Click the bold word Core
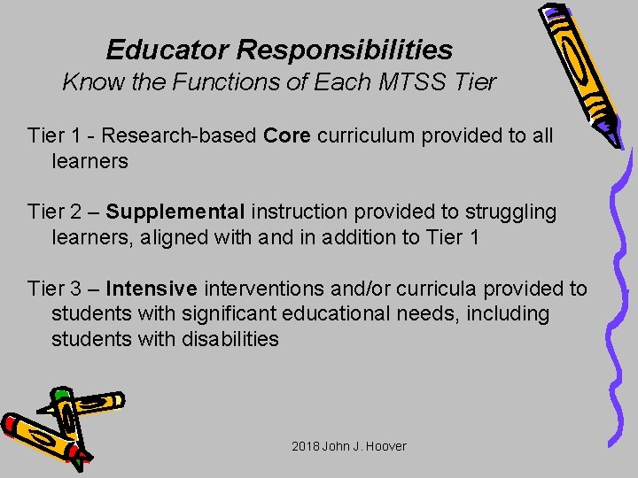tap(288, 136)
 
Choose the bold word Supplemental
tap(175, 212)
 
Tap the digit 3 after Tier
tap(73, 289)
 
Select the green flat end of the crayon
tap(60, 396)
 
